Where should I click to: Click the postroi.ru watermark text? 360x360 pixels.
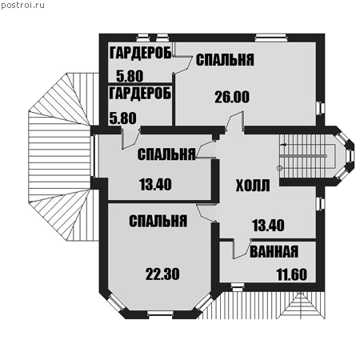pos(22,6)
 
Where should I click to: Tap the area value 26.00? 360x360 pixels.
pos(232,97)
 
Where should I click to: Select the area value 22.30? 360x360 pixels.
pos(162,274)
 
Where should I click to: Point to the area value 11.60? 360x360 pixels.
pos(292,274)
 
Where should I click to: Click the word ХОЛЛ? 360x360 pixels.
pos(253,186)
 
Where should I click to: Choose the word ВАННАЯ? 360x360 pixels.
pos(274,251)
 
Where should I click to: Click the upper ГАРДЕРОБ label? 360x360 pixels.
pos(140,53)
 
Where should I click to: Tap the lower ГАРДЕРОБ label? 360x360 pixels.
pos(140,94)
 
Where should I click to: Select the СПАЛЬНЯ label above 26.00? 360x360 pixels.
pos(225,60)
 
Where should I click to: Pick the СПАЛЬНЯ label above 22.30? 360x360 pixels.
pos(158,221)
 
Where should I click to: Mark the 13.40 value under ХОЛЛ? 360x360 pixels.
pos(268,226)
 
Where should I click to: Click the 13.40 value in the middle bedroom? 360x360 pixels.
pos(155,185)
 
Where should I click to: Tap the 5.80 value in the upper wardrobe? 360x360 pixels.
pos(130,76)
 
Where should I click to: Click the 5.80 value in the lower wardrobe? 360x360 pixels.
pos(123,118)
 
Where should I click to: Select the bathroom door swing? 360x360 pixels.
pos(242,250)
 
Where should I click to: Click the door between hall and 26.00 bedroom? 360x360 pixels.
pos(234,122)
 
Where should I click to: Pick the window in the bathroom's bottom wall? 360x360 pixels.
pos(237,287)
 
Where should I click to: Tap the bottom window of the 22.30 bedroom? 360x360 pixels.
pos(160,314)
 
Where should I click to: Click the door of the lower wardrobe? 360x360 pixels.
pos(131,138)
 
